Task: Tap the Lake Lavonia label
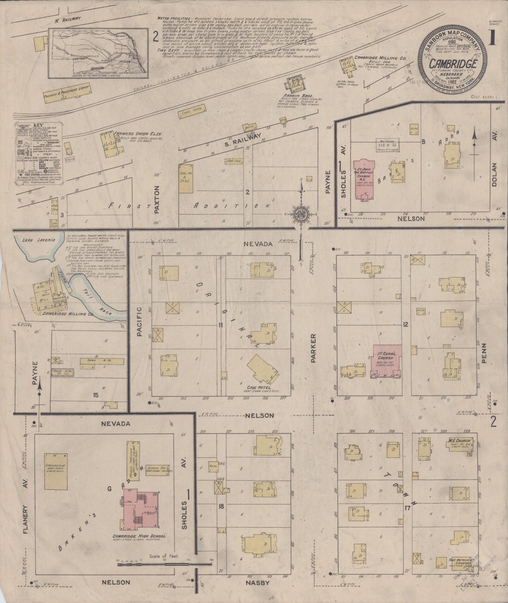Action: coord(33,240)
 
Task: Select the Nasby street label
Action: coord(261,583)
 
